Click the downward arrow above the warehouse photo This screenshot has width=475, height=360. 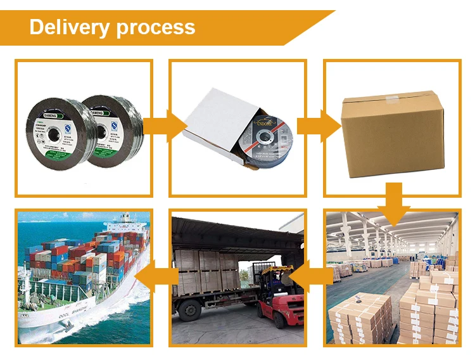click(x=393, y=202)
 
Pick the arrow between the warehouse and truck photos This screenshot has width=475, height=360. click(x=312, y=274)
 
